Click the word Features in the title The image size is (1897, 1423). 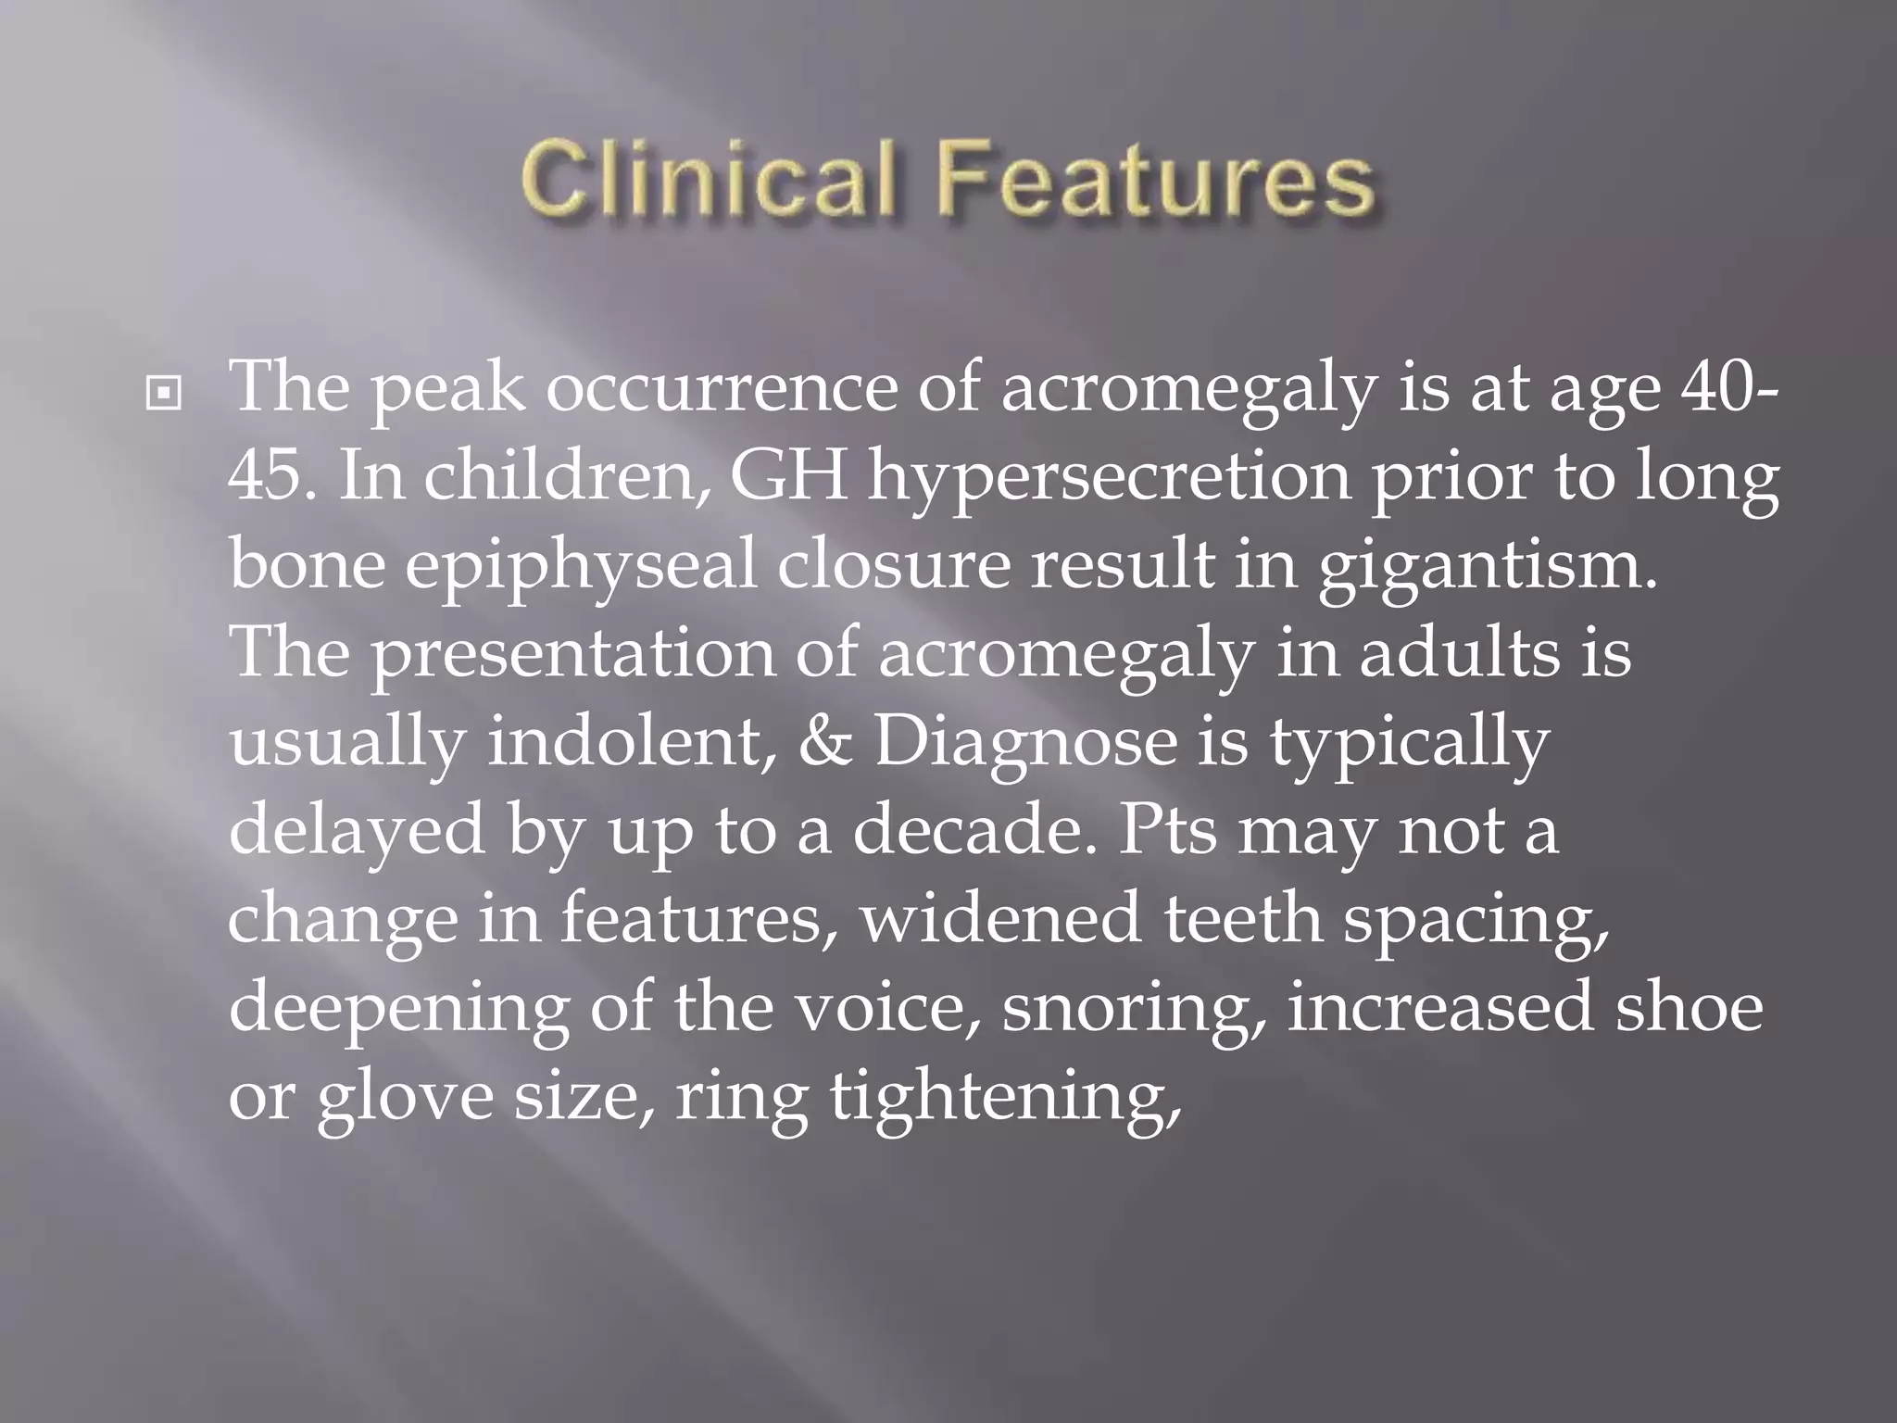[x=1154, y=177]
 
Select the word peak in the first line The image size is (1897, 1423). [x=448, y=389]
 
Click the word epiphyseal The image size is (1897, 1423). [x=581, y=567]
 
